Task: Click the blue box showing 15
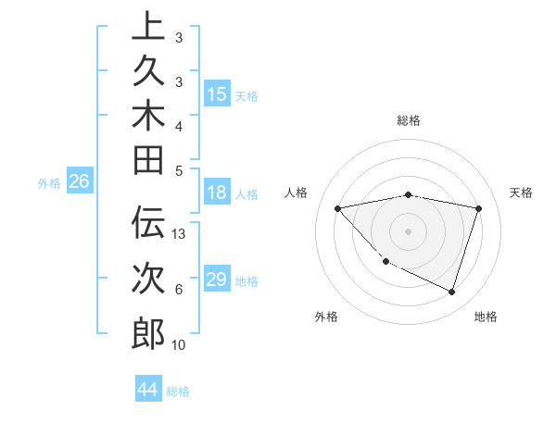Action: click(x=217, y=94)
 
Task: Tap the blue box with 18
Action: click(x=217, y=193)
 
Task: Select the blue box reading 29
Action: click(x=217, y=280)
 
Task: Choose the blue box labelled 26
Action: click(x=79, y=182)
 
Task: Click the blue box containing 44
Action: click(x=147, y=390)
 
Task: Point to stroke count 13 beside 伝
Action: click(x=180, y=234)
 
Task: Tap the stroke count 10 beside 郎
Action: click(x=179, y=345)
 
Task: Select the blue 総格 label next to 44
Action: click(x=178, y=391)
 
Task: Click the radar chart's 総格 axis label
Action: click(x=409, y=120)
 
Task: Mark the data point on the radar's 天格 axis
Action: click(x=478, y=208)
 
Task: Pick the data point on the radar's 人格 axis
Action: click(x=337, y=208)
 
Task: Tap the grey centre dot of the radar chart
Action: click(x=408, y=231)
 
